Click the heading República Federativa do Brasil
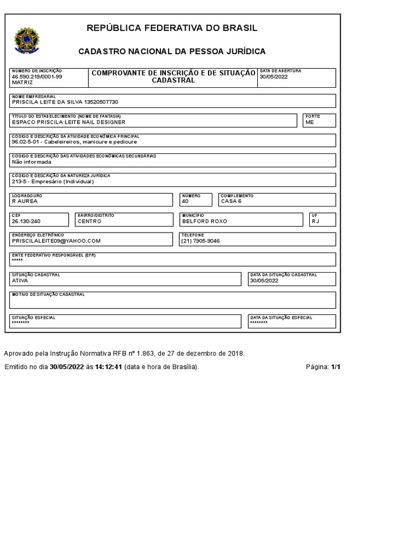172,28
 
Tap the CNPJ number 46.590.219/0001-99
37,77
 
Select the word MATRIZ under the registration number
22,83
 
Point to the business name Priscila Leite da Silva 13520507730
64,102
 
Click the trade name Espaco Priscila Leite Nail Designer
68,122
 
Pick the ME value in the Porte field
310,122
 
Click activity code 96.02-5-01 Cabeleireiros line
74,142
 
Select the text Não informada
31,162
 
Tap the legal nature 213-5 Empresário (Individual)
53,182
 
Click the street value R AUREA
25,201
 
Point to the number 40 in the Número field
185,201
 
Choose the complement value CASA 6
231,201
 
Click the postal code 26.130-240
27,221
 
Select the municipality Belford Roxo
205,221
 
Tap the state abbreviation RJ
316,221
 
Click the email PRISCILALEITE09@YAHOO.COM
56,241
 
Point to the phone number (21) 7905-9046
200,241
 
